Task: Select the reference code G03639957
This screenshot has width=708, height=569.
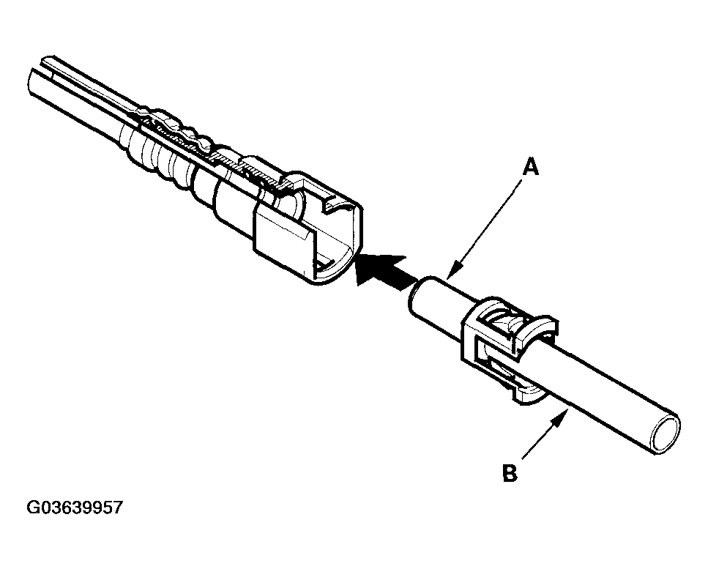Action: pyautogui.click(x=75, y=507)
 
